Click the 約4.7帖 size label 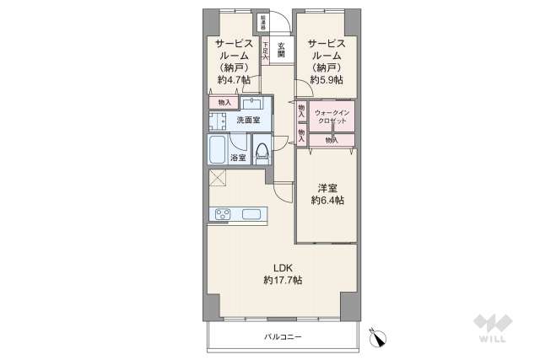point(234,80)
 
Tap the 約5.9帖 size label point(326,80)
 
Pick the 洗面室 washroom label point(247,120)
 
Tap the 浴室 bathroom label point(240,157)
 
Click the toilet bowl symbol point(262,152)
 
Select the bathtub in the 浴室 point(217,149)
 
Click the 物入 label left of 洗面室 point(224,103)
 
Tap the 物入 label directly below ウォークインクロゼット point(330,140)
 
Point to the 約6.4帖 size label point(327,201)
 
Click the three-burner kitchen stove point(224,213)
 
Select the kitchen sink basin point(251,213)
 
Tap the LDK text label point(282,267)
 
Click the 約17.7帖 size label point(282,280)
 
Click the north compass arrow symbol point(379,336)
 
